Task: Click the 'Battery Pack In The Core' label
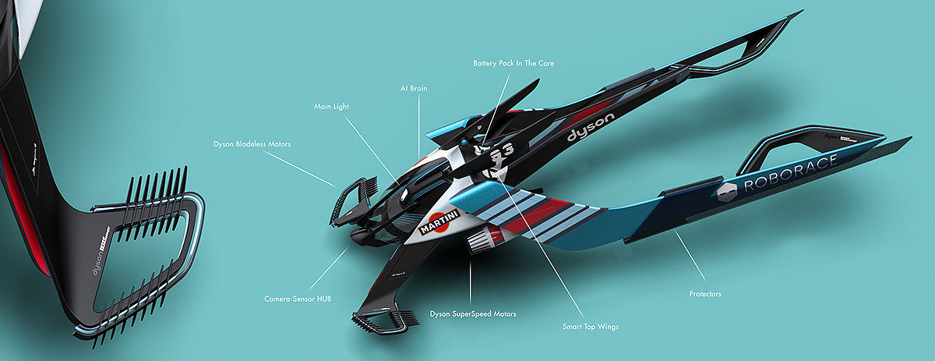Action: pyautogui.click(x=513, y=62)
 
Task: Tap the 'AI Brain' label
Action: pyautogui.click(x=414, y=89)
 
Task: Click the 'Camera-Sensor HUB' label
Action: pyautogui.click(x=297, y=299)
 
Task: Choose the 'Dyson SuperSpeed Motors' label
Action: pyautogui.click(x=473, y=315)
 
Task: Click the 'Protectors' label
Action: pyautogui.click(x=705, y=294)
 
